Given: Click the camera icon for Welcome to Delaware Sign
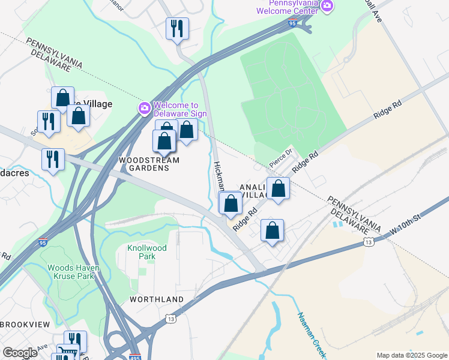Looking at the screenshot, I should pyautogui.click(x=144, y=108).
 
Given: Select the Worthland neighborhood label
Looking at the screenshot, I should pyautogui.click(x=157, y=299).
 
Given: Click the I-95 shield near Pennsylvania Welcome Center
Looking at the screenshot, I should pyautogui.click(x=292, y=23).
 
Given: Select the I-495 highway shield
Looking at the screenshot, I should pyautogui.click(x=135, y=356).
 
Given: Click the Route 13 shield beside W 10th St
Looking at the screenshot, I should pyautogui.click(x=369, y=241).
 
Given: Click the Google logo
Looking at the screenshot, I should pyautogui.click(x=20, y=353).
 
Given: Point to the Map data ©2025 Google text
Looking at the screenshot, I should pyautogui.click(x=411, y=355).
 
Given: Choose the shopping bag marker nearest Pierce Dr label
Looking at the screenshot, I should pyautogui.click(x=279, y=189).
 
